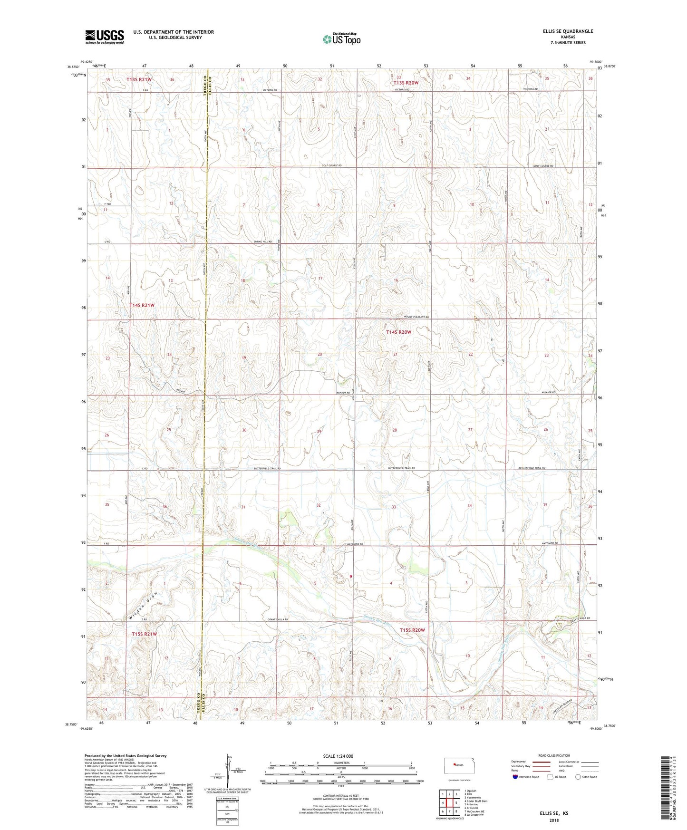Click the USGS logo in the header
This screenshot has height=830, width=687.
pyautogui.click(x=105, y=37)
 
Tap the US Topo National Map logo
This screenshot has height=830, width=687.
pyautogui.click(x=341, y=39)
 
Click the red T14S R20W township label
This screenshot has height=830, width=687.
pyautogui.click(x=398, y=332)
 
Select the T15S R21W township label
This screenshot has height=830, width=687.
pyautogui.click(x=144, y=634)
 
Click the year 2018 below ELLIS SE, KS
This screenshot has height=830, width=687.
pyautogui.click(x=553, y=820)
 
